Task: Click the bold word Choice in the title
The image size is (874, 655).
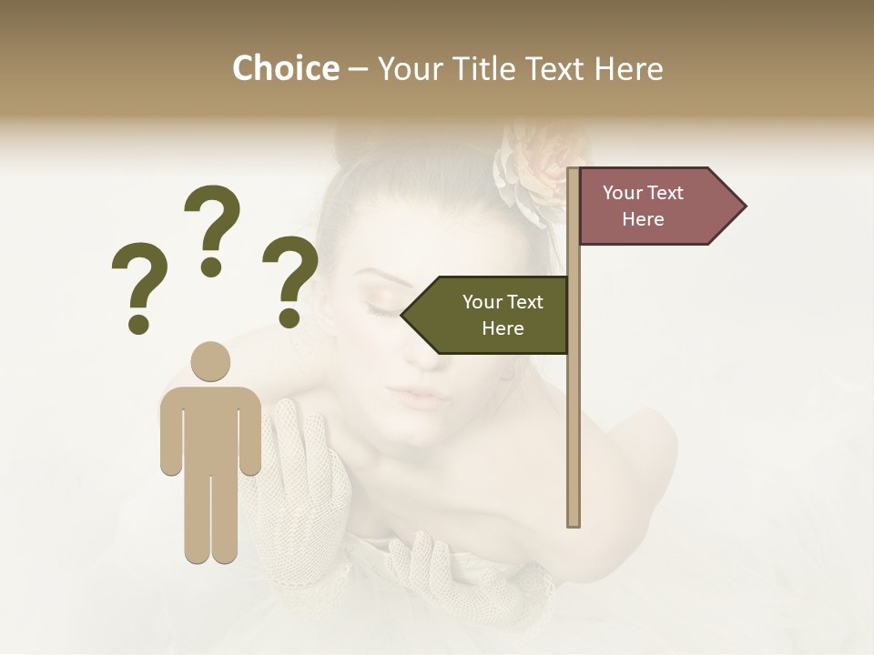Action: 285,69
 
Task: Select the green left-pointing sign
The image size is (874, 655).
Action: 488,315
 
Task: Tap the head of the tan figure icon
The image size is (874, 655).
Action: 210,360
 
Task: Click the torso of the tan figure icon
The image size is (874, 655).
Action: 210,428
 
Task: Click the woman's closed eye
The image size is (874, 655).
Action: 382,308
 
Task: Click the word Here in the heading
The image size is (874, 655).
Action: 627,69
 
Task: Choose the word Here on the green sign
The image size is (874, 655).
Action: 503,328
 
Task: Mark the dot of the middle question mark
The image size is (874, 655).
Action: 212,267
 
